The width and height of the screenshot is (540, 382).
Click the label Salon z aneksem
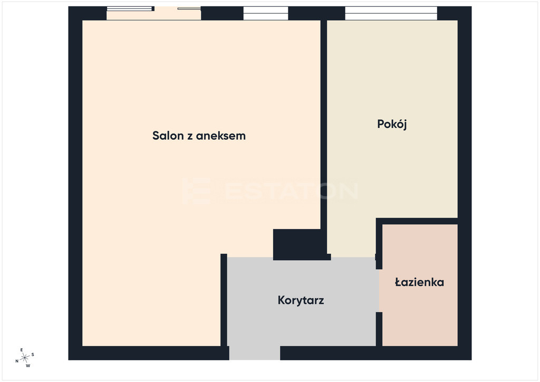point(199,136)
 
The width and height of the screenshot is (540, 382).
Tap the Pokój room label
point(392,124)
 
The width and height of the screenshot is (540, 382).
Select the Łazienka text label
point(419,282)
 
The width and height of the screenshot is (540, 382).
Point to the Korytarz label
point(301,300)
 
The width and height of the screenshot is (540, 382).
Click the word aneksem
point(221,136)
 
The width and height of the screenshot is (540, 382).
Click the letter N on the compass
point(17,361)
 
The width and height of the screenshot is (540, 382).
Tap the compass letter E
point(22,350)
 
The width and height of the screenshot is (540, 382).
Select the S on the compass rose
point(33,355)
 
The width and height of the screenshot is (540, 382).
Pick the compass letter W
point(28,366)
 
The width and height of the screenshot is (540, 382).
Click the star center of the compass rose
point(25,358)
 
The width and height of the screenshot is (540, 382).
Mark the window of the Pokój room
point(391,13)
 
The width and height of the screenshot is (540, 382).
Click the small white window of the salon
point(266,13)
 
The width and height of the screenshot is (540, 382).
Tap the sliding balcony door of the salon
point(153,13)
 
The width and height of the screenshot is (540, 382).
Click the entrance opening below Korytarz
point(255,353)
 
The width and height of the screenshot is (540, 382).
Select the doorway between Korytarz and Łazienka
point(379,291)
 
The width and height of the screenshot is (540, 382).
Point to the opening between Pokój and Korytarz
point(353,257)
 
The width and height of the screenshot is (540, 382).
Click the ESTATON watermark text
point(271,191)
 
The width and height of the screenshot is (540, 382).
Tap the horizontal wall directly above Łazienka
point(417,221)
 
